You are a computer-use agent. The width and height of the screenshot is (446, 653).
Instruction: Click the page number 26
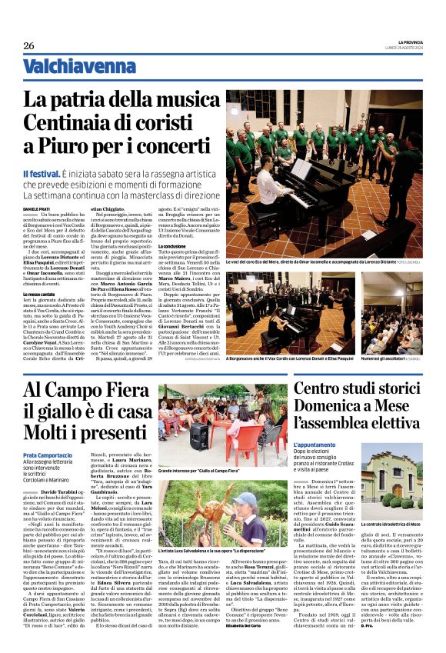coord(29,46)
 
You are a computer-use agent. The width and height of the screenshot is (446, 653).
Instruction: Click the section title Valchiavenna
coord(70,67)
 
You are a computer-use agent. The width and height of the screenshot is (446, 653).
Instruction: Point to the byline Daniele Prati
coord(36,209)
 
